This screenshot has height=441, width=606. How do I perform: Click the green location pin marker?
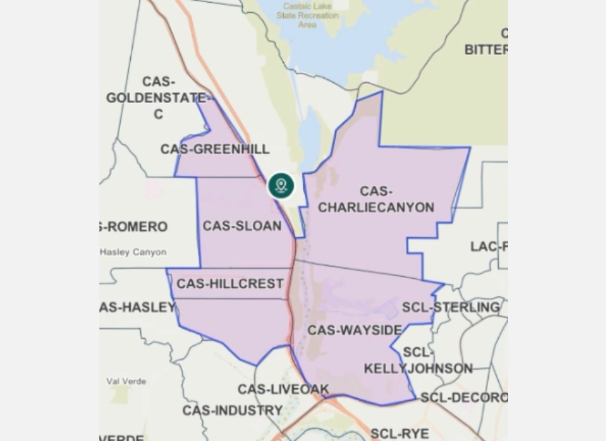point(281,186)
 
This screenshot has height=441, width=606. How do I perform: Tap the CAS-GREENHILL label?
point(214,149)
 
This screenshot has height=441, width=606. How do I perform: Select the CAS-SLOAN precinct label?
point(242,226)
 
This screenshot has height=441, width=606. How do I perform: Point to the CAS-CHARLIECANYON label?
point(376,199)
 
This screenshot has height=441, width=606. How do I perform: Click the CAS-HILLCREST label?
point(230,284)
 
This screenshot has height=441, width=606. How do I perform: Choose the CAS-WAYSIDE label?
point(354,330)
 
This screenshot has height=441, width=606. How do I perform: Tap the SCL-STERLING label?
point(450,307)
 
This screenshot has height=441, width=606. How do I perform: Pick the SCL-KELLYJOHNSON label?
point(418,361)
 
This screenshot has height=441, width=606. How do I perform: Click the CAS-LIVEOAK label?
point(283,390)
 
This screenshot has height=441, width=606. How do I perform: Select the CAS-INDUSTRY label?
point(232,411)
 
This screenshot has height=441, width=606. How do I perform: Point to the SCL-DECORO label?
point(464,397)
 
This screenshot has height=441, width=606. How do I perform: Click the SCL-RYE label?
point(399,433)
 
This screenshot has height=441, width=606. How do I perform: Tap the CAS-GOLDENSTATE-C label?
point(158,98)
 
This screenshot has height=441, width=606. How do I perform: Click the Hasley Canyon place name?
point(133,252)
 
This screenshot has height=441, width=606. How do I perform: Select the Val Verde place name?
point(126,381)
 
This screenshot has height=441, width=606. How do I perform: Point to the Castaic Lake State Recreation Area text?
point(307,15)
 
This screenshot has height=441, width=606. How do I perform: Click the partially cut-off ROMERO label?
point(134,227)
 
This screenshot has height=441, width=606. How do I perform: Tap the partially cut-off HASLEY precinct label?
point(137,307)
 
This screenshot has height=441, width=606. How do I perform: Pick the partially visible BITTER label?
point(486,49)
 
